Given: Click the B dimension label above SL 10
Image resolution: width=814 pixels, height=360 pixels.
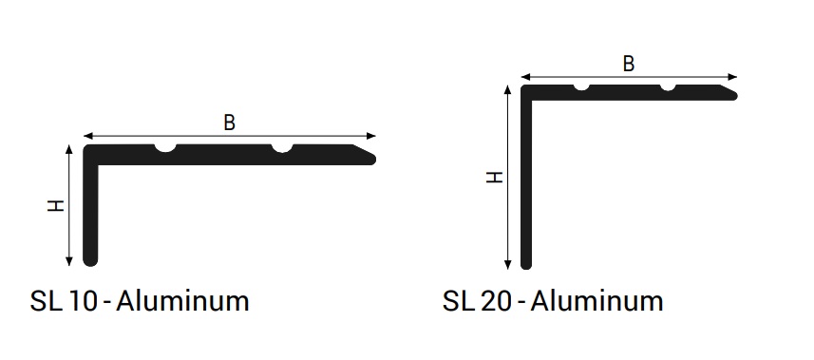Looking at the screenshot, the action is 230,123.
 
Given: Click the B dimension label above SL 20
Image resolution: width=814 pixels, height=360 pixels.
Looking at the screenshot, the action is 628,64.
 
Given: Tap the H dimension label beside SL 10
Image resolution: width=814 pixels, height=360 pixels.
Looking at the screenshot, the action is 55,205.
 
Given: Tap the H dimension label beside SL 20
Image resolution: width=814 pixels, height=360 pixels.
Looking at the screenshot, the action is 494,177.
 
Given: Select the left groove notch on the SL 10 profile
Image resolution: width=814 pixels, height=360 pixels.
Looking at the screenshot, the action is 165,148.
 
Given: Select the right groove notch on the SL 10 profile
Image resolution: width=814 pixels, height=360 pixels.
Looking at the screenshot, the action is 282,148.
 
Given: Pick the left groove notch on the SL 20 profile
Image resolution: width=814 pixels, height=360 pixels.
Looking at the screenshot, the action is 581,86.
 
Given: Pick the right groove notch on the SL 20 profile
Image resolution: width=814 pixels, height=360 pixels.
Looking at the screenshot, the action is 668,86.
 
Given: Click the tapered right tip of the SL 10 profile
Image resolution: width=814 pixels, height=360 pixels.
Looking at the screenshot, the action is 372,159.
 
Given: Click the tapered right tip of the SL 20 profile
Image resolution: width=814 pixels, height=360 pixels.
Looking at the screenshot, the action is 734,95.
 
